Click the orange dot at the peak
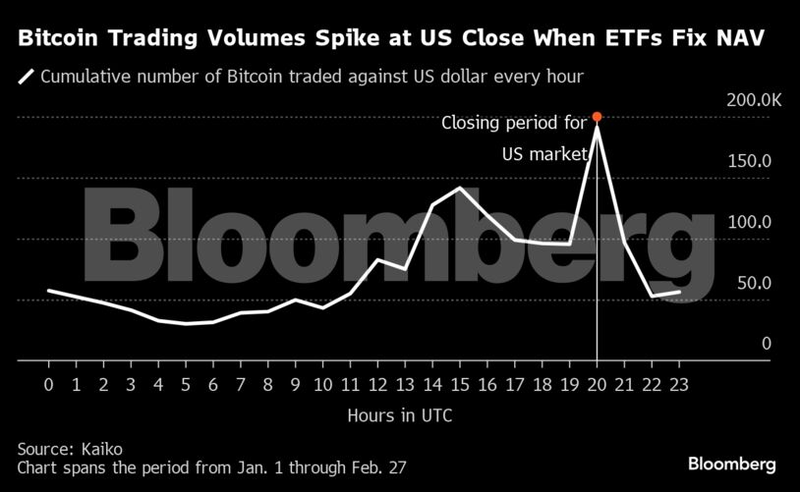pos(597,117)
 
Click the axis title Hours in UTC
pos(399,415)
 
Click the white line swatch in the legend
pos(27,76)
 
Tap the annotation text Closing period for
pos(513,124)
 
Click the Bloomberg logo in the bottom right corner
pos(731,463)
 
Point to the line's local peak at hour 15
pos(459,188)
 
